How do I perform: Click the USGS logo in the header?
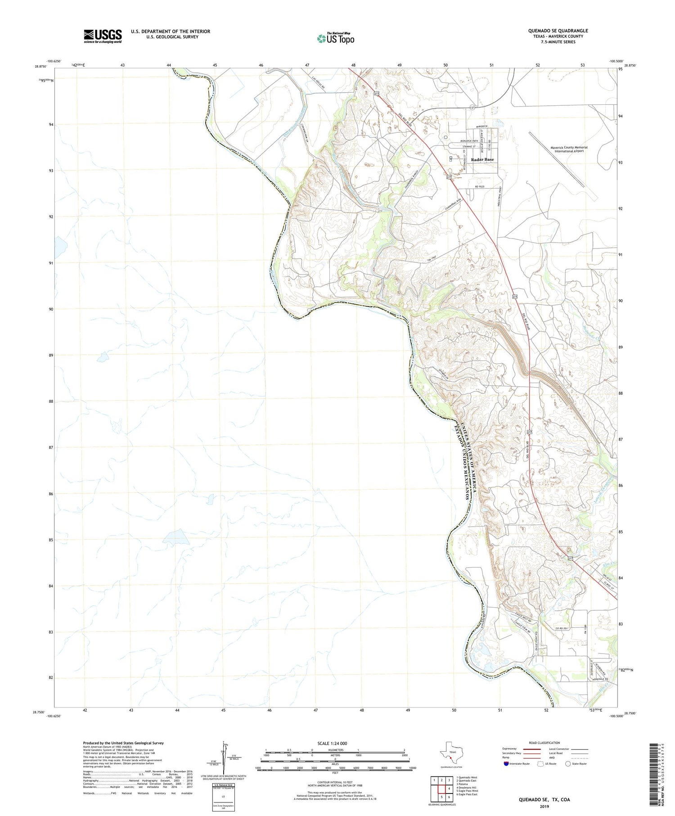click(103, 36)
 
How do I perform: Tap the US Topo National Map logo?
click(336, 38)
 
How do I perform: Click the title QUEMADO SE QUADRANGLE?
click(558, 31)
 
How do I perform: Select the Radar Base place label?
click(482, 159)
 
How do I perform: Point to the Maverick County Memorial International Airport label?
click(569, 149)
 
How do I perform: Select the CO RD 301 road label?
click(563, 629)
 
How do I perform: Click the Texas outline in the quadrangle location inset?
click(451, 753)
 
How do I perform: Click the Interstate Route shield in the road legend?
click(506, 763)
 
